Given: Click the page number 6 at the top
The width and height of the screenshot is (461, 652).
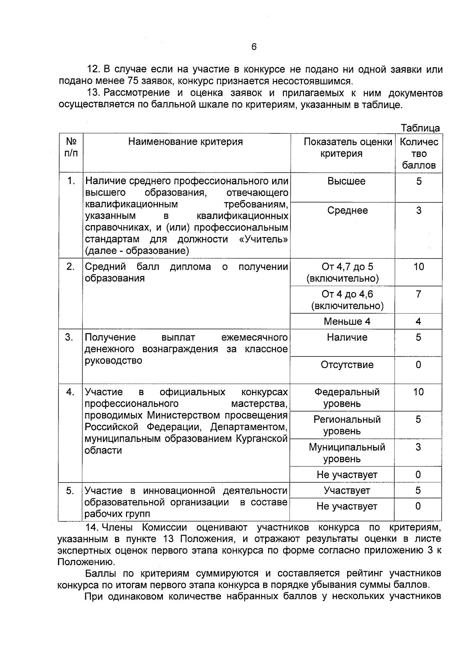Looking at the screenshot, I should pyautogui.click(x=254, y=47).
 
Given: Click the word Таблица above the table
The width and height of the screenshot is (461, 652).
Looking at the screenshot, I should pyautogui.click(x=420, y=128).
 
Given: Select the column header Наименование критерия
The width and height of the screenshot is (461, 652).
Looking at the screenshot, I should pyautogui.click(x=186, y=142).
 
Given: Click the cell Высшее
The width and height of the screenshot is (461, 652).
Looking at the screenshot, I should pyautogui.click(x=346, y=181).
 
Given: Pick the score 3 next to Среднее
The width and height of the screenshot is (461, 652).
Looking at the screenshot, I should pyautogui.click(x=418, y=211).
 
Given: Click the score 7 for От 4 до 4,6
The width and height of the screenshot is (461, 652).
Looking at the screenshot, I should pyautogui.click(x=418, y=294).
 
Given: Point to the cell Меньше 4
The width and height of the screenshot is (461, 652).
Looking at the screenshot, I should pyautogui.click(x=347, y=322).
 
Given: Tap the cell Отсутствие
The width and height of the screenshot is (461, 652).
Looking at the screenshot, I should pyautogui.click(x=347, y=365).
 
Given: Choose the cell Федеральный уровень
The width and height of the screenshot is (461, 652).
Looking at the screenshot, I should pyautogui.click(x=347, y=398).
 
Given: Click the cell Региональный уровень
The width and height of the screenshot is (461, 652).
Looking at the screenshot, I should pyautogui.click(x=347, y=425).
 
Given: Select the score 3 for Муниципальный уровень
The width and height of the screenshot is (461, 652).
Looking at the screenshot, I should pyautogui.click(x=418, y=447).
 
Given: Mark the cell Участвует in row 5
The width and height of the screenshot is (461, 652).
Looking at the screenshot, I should pyautogui.click(x=347, y=491).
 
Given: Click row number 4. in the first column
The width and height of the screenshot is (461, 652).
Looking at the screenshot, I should pyautogui.click(x=70, y=392).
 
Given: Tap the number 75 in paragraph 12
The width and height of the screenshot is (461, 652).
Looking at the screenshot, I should pyautogui.click(x=130, y=81).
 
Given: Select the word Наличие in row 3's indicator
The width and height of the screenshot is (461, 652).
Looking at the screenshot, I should pyautogui.click(x=347, y=337).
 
